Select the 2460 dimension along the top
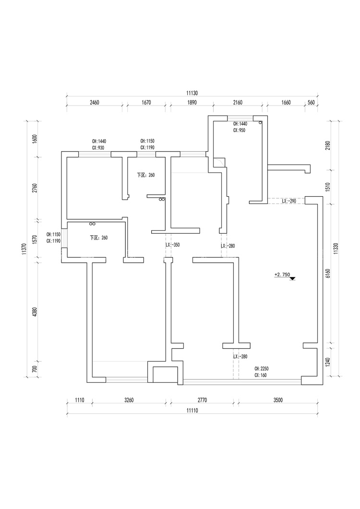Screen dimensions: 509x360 click(94, 102)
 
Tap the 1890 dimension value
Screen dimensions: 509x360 click(192, 102)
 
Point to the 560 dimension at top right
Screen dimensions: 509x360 click(311, 102)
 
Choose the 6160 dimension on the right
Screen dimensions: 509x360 click(328, 273)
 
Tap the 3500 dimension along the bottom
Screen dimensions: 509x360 click(277, 400)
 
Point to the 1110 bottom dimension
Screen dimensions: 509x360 click(79, 400)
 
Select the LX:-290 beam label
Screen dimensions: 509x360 click(288, 201)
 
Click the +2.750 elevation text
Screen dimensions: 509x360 click(282, 274)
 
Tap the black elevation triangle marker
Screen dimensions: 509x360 click(292, 278)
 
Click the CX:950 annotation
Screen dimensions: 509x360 click(239, 130)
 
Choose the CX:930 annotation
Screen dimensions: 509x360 click(98, 148)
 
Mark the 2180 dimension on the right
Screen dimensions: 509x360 click(328, 146)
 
